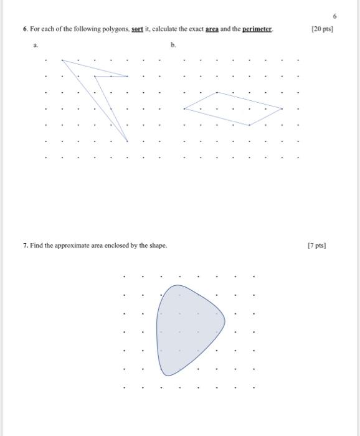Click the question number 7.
(x=25, y=245)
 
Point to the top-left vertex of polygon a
(x=62, y=60)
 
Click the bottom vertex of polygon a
(x=128, y=141)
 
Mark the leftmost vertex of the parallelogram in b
(x=184, y=109)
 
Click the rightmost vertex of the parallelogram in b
(x=282, y=109)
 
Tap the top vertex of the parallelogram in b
(x=217, y=93)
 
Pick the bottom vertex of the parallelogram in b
(x=249, y=125)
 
